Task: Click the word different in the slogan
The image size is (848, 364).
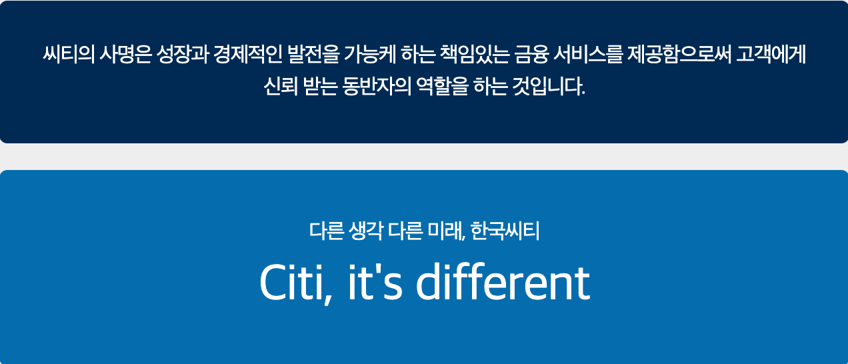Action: pyautogui.click(x=503, y=283)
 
